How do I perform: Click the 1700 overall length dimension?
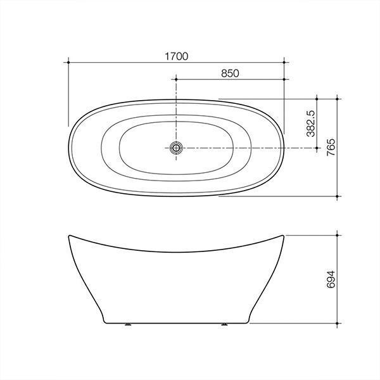(176, 56)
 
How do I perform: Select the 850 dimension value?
(230, 73)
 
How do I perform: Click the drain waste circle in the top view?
(176, 148)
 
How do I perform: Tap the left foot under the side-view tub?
(129, 325)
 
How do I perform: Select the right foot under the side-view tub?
(224, 325)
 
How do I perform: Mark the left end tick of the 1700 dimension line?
(67, 62)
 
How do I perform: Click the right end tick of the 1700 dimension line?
(285, 62)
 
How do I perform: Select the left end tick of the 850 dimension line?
(176, 80)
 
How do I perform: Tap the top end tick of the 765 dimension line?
(338, 99)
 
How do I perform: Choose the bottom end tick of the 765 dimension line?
(338, 196)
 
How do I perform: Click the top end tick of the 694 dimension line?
(338, 235)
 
